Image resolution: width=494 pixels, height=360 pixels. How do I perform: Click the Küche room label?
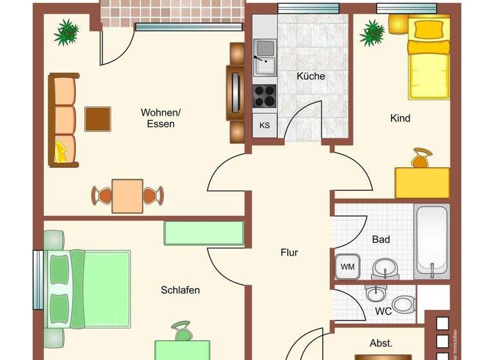pos(311,76)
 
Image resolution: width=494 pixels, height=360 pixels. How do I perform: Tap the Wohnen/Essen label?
pos(161,118)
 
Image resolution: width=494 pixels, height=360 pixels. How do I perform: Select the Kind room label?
pos(400,118)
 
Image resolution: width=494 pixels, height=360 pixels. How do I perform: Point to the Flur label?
pos(289,253)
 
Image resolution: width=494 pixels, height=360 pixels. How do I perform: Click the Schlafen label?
pos(180,290)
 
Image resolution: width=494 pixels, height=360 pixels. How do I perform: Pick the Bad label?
pos(381,239)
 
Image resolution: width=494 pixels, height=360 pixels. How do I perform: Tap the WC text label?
pos(383,310)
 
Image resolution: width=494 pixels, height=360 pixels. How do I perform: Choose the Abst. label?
pos(381,343)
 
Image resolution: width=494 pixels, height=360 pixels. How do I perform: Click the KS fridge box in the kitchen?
pos(264,125)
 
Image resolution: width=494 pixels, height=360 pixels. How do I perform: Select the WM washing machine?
pos(347,266)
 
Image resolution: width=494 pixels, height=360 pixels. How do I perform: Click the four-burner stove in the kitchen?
pos(264,96)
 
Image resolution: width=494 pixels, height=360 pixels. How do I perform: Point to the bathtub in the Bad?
pos(432,241)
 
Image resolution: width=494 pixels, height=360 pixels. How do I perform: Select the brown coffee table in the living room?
pos(98,119)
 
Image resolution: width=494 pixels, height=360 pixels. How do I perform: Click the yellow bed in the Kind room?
pos(428,57)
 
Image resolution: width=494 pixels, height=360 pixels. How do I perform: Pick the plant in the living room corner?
pos(66,32)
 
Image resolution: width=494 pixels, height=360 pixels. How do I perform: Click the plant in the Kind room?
pos(372,32)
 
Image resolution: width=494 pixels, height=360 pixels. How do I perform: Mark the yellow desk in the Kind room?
pos(422,182)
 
